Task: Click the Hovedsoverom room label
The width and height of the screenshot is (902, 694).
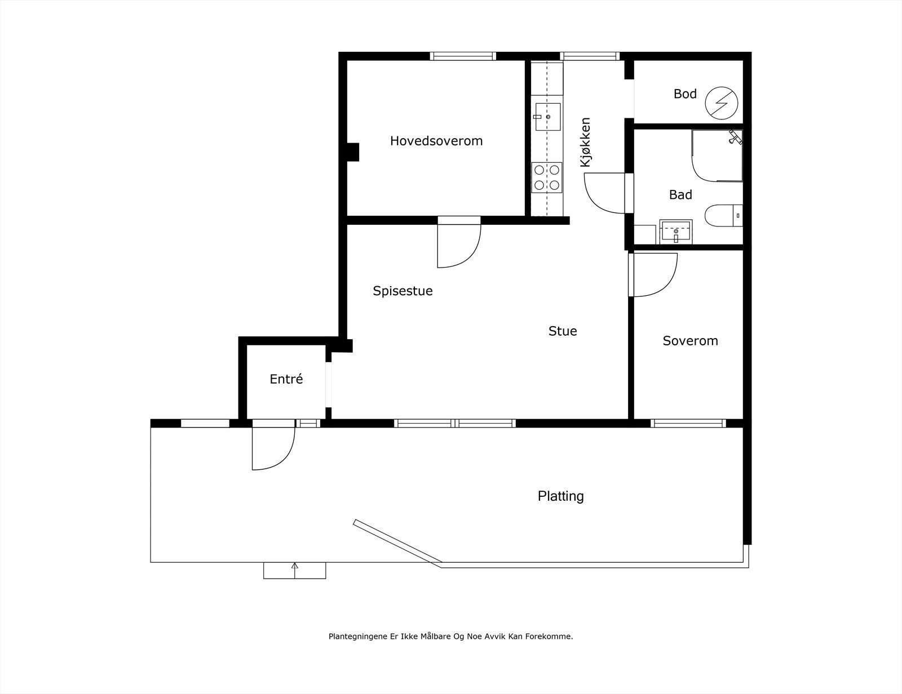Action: click(x=436, y=141)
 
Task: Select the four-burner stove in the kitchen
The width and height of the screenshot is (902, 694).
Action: click(x=547, y=177)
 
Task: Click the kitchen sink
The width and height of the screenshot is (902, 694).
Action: click(x=547, y=117)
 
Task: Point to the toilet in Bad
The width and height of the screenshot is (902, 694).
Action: click(x=722, y=216)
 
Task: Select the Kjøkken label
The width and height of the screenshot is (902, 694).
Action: click(x=586, y=142)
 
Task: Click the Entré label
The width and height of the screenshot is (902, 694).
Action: click(x=286, y=379)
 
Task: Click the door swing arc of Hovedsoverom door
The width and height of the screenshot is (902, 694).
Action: click(x=462, y=248)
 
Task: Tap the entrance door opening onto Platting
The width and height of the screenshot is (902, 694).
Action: click(x=274, y=446)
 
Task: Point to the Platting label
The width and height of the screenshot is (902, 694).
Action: click(x=560, y=496)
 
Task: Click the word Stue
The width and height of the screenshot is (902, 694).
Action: click(x=563, y=331)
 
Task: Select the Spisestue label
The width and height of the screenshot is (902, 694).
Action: click(x=403, y=291)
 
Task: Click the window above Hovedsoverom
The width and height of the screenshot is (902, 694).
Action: click(x=463, y=56)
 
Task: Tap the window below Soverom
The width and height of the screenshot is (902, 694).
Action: click(x=688, y=423)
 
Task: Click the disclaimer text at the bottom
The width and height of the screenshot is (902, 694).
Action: click(x=450, y=637)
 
